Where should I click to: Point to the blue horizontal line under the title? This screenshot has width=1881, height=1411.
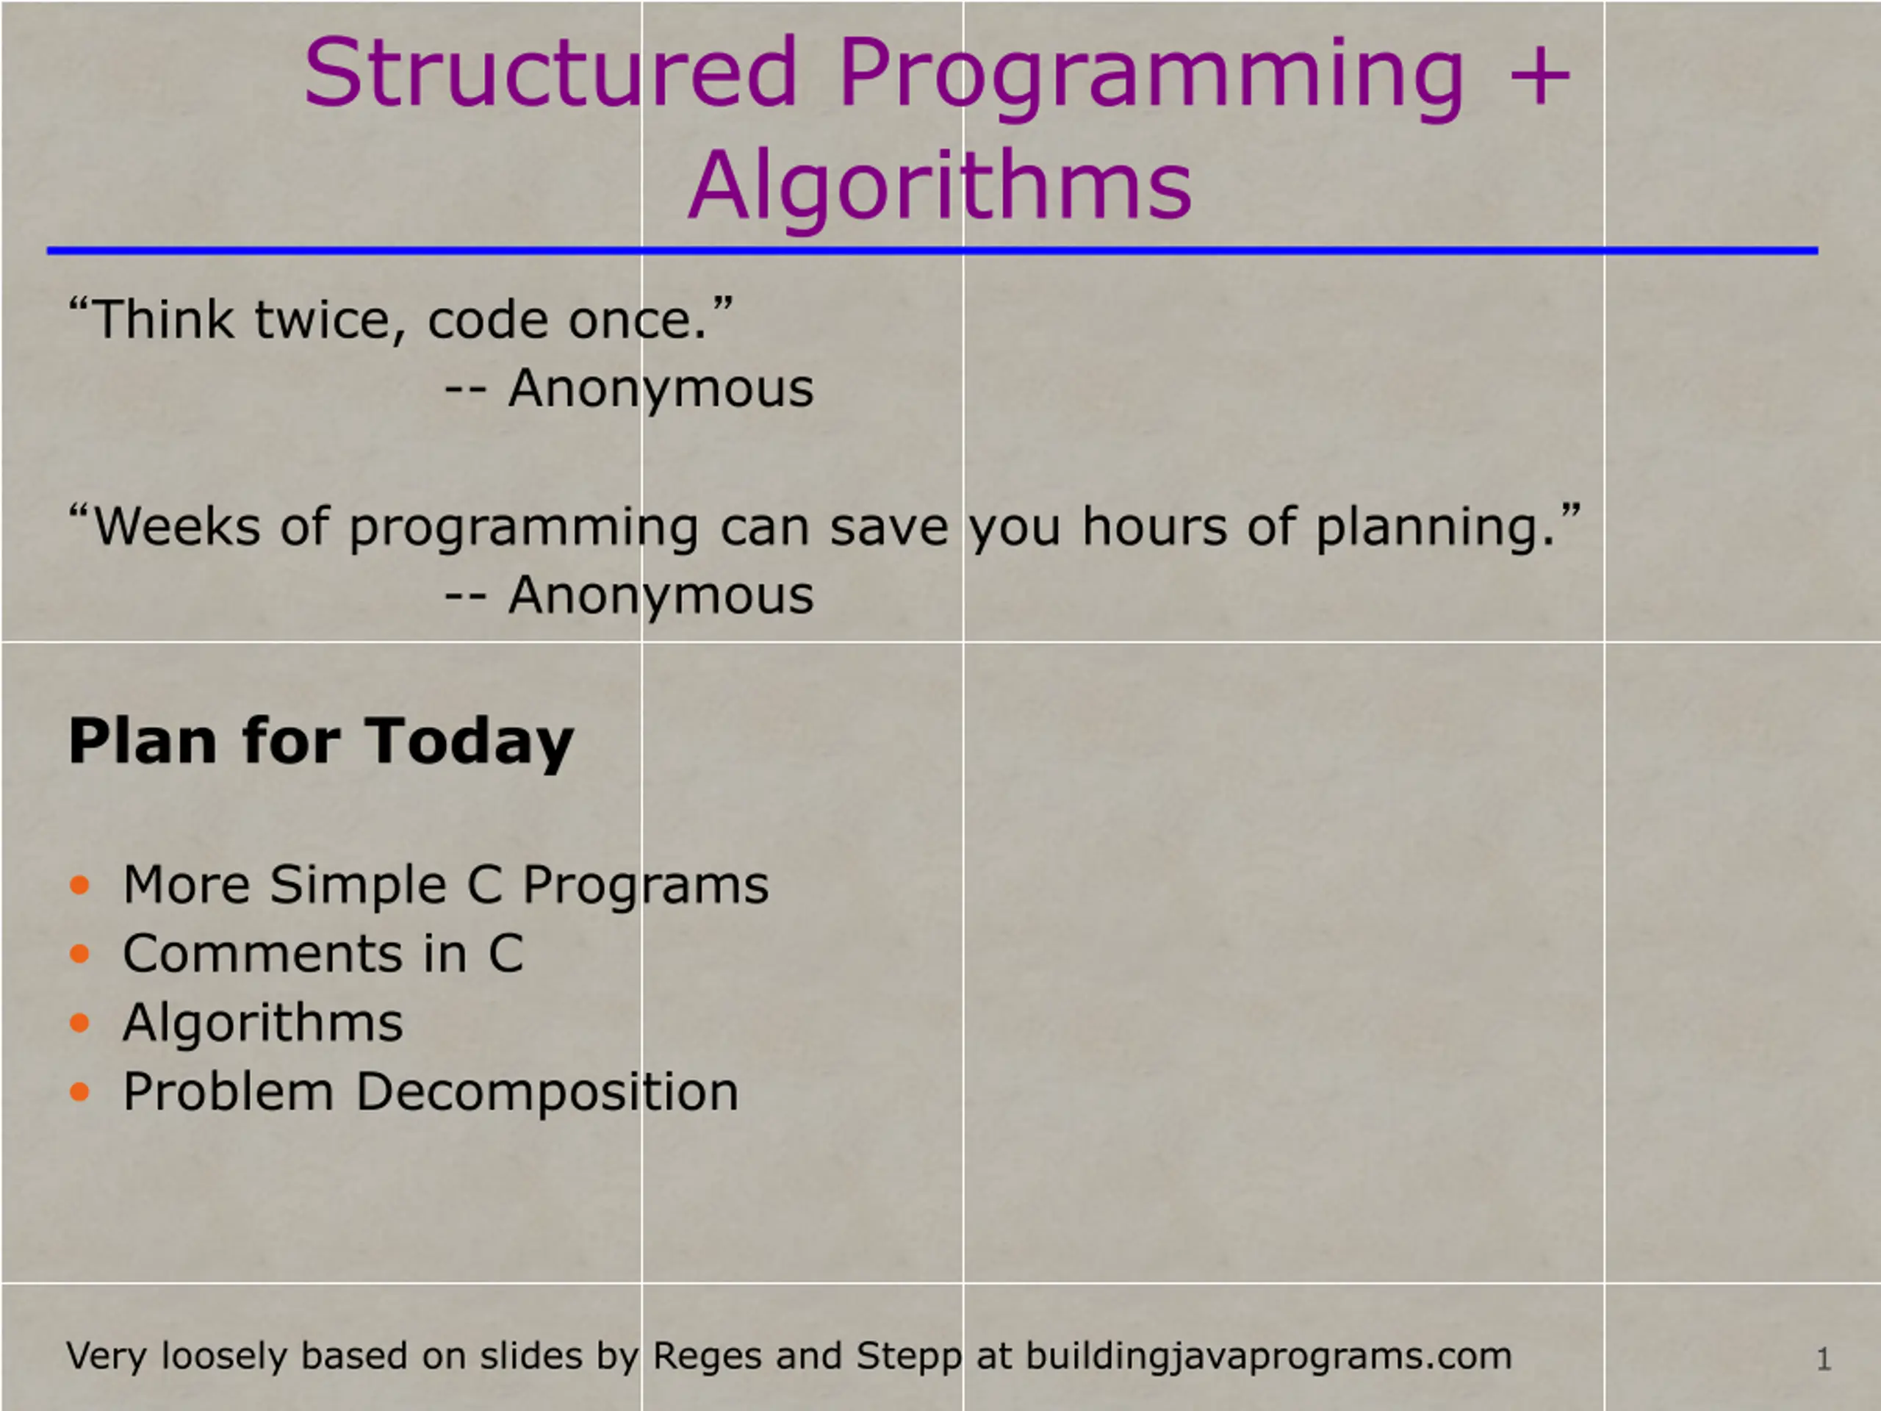tap(932, 251)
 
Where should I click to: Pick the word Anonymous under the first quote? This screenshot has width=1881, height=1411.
tap(661, 389)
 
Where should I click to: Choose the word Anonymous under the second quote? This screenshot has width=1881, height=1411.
tap(661, 596)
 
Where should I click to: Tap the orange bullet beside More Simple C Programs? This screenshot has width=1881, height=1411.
tap(80, 886)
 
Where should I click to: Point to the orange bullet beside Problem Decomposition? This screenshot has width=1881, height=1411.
tap(80, 1092)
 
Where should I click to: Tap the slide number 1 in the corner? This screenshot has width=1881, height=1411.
tap(1823, 1359)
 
